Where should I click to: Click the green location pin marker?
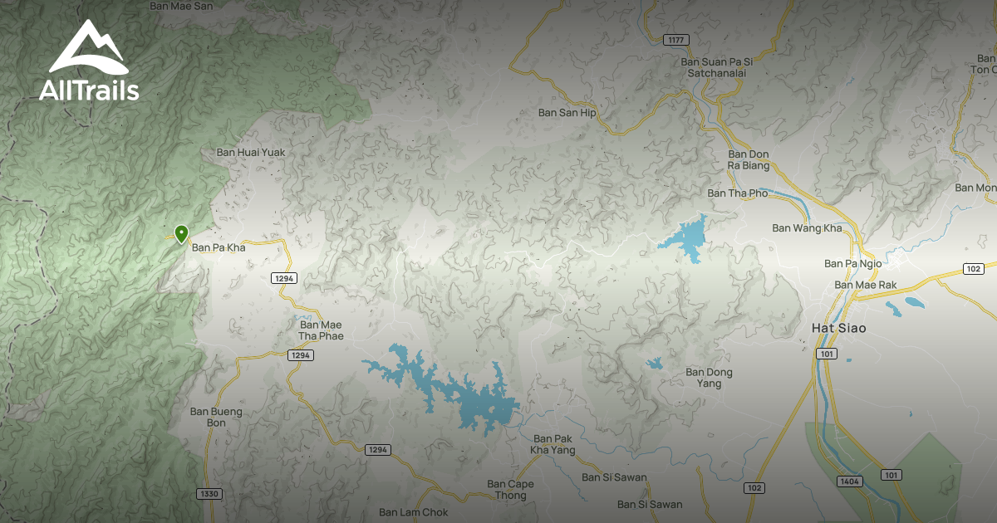point(180,233)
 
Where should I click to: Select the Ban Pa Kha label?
point(219,247)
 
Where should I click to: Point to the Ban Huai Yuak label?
point(250,153)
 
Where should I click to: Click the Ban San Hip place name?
point(567,113)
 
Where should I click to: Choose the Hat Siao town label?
point(838,329)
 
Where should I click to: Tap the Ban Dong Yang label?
point(709,378)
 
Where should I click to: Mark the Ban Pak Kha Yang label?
point(553,444)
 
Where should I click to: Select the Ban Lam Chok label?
point(413,512)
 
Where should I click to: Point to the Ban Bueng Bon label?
point(216,417)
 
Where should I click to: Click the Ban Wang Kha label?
point(807,228)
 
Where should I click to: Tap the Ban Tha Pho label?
point(738,193)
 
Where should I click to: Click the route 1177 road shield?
point(677,40)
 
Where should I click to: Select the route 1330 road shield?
point(209,494)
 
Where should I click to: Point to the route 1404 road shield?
point(850,481)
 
